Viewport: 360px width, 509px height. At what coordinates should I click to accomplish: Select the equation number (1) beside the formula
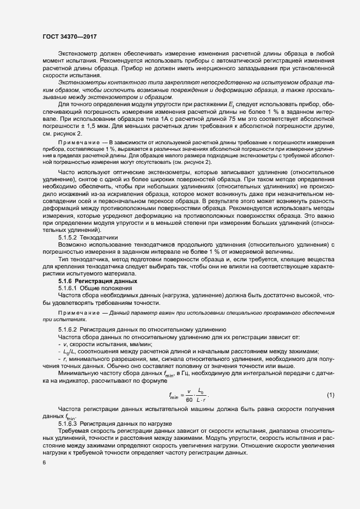pyautogui.click(x=330, y=394)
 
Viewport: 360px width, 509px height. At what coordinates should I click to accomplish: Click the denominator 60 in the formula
pyautogui.click(x=190, y=399)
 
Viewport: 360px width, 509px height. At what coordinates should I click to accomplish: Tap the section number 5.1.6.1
pyautogui.click(x=68, y=287)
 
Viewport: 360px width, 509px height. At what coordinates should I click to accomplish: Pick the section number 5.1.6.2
pyautogui.click(x=68, y=330)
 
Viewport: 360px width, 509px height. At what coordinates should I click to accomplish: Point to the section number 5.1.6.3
pyautogui.click(x=68, y=422)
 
